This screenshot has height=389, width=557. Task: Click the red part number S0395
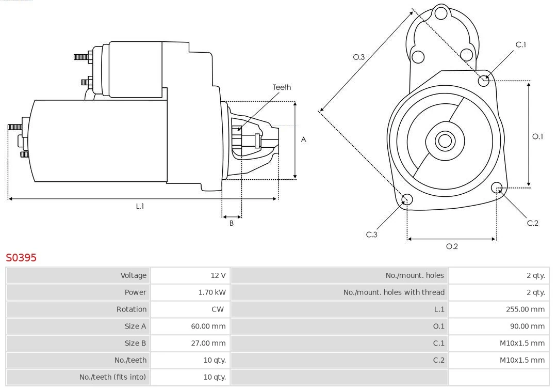21,257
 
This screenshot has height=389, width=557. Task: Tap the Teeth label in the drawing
282,87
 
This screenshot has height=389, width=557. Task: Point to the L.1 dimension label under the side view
140,206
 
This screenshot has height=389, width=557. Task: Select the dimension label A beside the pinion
304,139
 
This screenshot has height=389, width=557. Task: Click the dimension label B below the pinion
232,223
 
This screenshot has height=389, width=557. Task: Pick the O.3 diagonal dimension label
359,57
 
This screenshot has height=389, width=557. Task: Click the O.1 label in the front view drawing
537,136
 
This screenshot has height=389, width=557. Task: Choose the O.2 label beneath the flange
452,246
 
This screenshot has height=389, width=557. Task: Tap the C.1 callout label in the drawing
521,44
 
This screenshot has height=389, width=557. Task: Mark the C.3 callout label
372,235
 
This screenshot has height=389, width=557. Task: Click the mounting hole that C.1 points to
484,81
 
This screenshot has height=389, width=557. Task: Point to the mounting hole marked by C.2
497,187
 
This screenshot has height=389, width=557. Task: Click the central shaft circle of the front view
444,141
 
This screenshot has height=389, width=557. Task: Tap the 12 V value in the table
218,275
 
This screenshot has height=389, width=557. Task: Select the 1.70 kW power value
212,292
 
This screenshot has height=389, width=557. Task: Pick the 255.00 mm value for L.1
525,309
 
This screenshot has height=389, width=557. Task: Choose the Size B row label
135,343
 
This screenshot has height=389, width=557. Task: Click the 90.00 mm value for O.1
527,326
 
